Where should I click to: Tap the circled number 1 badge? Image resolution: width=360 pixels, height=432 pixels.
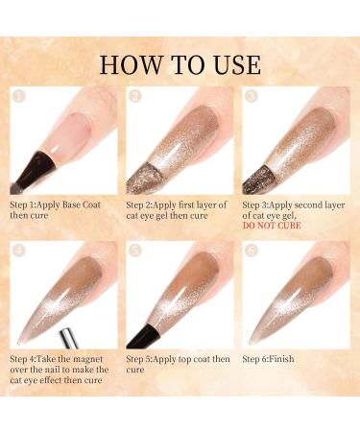pyautogui.click(x=18, y=96)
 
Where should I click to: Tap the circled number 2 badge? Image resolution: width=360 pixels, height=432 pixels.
pyautogui.click(x=134, y=96)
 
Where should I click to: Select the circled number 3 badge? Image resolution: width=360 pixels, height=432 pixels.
pyautogui.click(x=251, y=96)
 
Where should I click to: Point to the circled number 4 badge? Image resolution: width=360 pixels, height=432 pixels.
pyautogui.click(x=18, y=251)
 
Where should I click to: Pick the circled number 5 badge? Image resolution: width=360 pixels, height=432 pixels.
pyautogui.click(x=134, y=251)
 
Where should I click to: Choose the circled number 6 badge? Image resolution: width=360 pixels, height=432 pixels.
pyautogui.click(x=251, y=251)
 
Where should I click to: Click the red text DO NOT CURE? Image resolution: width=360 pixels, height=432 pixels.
pyautogui.click(x=272, y=226)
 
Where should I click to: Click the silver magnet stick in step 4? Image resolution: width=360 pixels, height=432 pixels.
pyautogui.click(x=69, y=338)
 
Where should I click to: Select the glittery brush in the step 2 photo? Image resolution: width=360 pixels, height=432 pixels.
pyautogui.click(x=143, y=179)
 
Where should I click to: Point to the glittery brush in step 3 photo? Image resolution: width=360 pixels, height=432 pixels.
pyautogui.click(x=258, y=180)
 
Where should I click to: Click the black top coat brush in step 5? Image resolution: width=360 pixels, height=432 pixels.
pyautogui.click(x=143, y=337)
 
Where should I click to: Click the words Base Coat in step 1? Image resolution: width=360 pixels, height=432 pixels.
pyautogui.click(x=82, y=204)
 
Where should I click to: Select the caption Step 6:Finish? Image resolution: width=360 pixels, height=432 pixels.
pyautogui.click(x=268, y=359)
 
